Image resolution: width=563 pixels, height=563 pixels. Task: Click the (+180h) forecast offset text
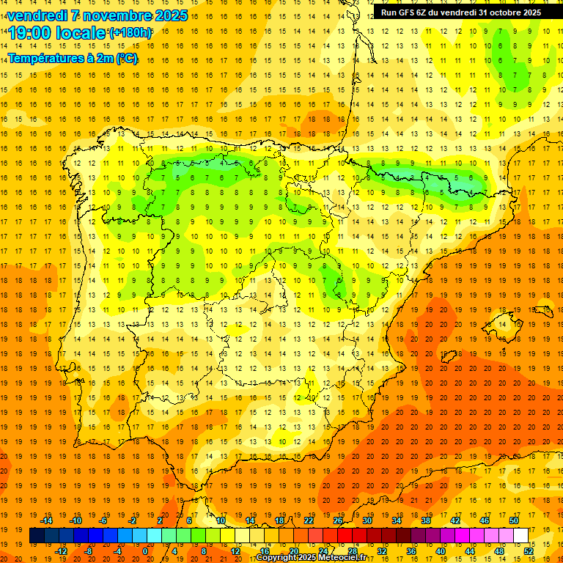pos(130,33)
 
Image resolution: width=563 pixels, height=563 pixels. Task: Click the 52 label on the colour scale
pos(529,551)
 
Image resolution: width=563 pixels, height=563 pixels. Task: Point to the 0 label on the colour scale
pos(145,551)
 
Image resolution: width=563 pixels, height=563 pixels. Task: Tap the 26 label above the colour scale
pos(338,520)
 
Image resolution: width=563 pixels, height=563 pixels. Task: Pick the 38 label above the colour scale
pos(426,520)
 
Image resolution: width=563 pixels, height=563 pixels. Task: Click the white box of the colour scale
pos(521,535)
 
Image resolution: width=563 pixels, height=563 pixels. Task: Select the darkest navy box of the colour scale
pos(37,535)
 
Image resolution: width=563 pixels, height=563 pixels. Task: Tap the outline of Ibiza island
pos(448,357)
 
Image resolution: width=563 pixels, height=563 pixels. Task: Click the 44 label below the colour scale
pos(470,551)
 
